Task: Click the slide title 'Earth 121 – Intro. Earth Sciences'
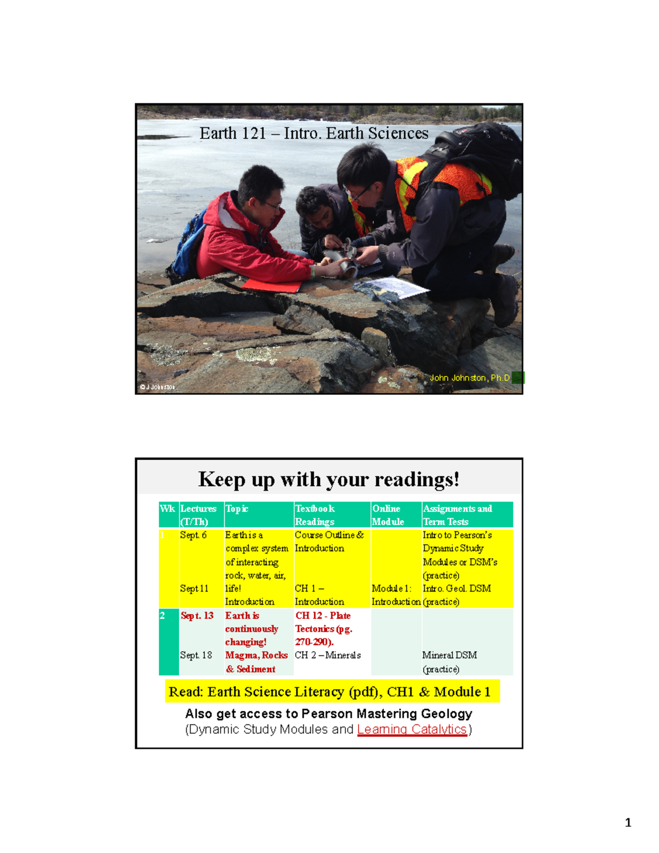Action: tap(314, 133)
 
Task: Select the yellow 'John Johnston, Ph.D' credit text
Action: tap(470, 378)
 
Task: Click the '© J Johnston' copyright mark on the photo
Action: tap(158, 387)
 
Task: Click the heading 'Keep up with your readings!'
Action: tap(328, 480)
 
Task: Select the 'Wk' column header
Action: tap(167, 509)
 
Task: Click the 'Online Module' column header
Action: tap(388, 515)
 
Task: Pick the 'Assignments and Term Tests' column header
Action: tap(457, 515)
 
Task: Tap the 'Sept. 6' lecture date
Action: tap(193, 535)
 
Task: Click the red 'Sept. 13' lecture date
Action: tap(197, 616)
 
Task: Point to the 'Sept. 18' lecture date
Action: tap(196, 655)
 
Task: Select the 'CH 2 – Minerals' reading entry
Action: tap(328, 655)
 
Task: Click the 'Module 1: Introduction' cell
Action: tap(396, 595)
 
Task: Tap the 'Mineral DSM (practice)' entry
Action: tap(450, 662)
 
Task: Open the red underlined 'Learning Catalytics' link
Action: tap(412, 729)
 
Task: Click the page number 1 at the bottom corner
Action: tap(628, 822)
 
